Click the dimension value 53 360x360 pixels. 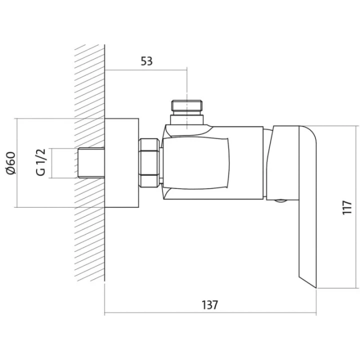click(x=146, y=61)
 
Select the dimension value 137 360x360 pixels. click(x=209, y=305)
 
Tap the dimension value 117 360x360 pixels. click(x=347, y=207)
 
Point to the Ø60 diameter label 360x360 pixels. click(x=11, y=163)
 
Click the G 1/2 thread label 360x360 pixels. click(x=41, y=162)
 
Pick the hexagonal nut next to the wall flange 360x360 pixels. click(x=149, y=163)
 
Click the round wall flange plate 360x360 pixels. click(x=121, y=163)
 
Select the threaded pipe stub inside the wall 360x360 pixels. click(x=91, y=163)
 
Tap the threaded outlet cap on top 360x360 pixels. click(x=187, y=107)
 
